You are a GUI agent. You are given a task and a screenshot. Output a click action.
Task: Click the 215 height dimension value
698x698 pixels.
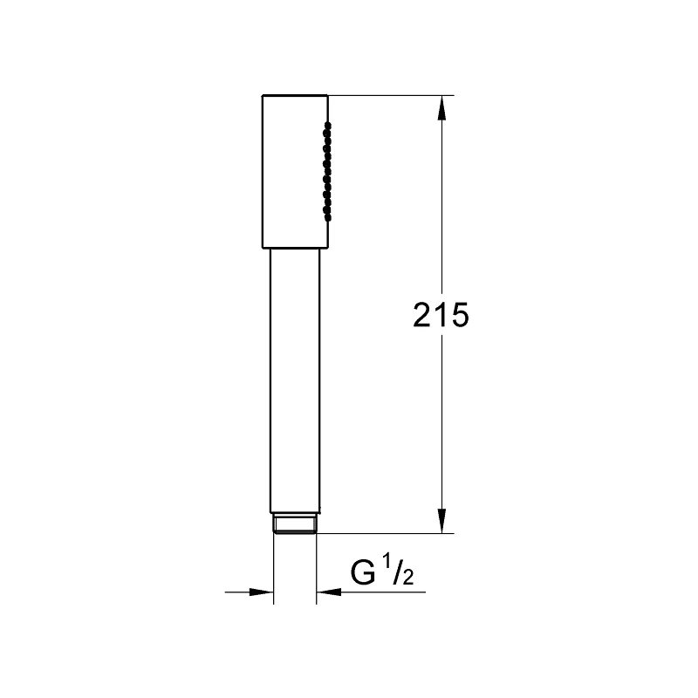pyautogui.click(x=441, y=316)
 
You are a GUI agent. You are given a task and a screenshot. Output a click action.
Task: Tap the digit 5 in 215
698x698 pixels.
pyautogui.click(x=460, y=316)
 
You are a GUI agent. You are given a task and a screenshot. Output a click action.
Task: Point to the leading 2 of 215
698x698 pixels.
pyautogui.click(x=423, y=316)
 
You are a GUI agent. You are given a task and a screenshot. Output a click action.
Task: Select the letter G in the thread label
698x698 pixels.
pyautogui.click(x=363, y=574)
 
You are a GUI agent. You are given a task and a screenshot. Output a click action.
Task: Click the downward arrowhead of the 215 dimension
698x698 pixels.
pyautogui.click(x=442, y=520)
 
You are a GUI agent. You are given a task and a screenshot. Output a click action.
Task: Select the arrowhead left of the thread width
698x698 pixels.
pyautogui.click(x=263, y=592)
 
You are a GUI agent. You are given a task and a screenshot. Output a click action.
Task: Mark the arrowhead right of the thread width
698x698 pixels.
pyautogui.click(x=328, y=592)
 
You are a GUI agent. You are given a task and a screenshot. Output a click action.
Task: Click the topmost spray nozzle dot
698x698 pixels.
pyautogui.click(x=328, y=127)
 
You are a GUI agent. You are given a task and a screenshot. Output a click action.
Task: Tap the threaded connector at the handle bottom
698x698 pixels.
pyautogui.click(x=295, y=523)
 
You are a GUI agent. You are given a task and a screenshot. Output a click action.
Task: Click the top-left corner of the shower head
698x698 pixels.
pyautogui.click(x=261, y=94)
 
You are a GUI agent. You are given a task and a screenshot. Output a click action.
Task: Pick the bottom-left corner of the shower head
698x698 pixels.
pyautogui.click(x=261, y=247)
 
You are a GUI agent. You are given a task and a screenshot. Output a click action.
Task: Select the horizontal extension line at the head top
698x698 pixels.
pyautogui.click(x=393, y=94)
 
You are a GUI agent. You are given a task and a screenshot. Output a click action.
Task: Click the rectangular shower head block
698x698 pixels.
pyautogui.click(x=292, y=170)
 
